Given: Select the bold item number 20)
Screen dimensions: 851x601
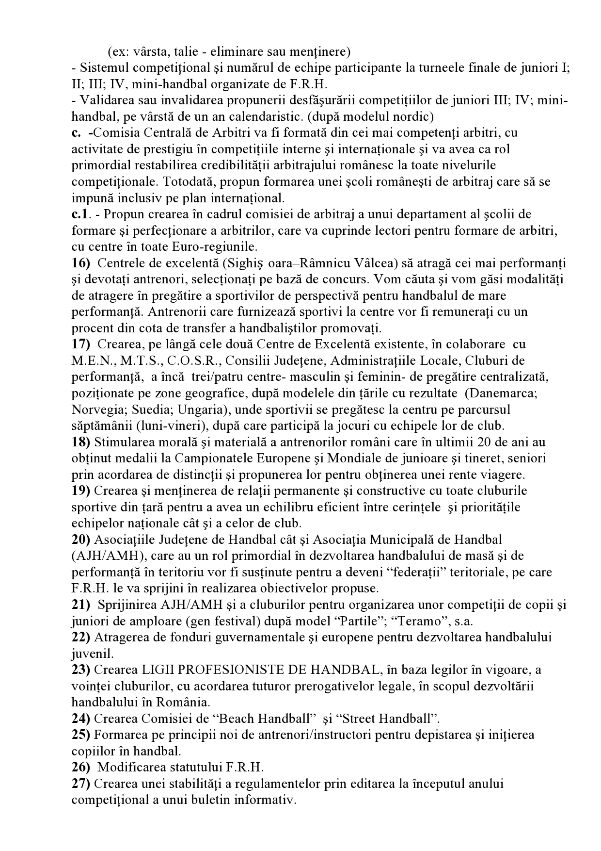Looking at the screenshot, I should (81, 540).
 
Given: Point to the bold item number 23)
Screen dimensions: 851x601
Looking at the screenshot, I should (81, 670).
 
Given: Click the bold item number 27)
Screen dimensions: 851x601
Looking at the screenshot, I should (81, 784).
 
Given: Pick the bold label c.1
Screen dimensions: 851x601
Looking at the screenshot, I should (80, 214).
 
